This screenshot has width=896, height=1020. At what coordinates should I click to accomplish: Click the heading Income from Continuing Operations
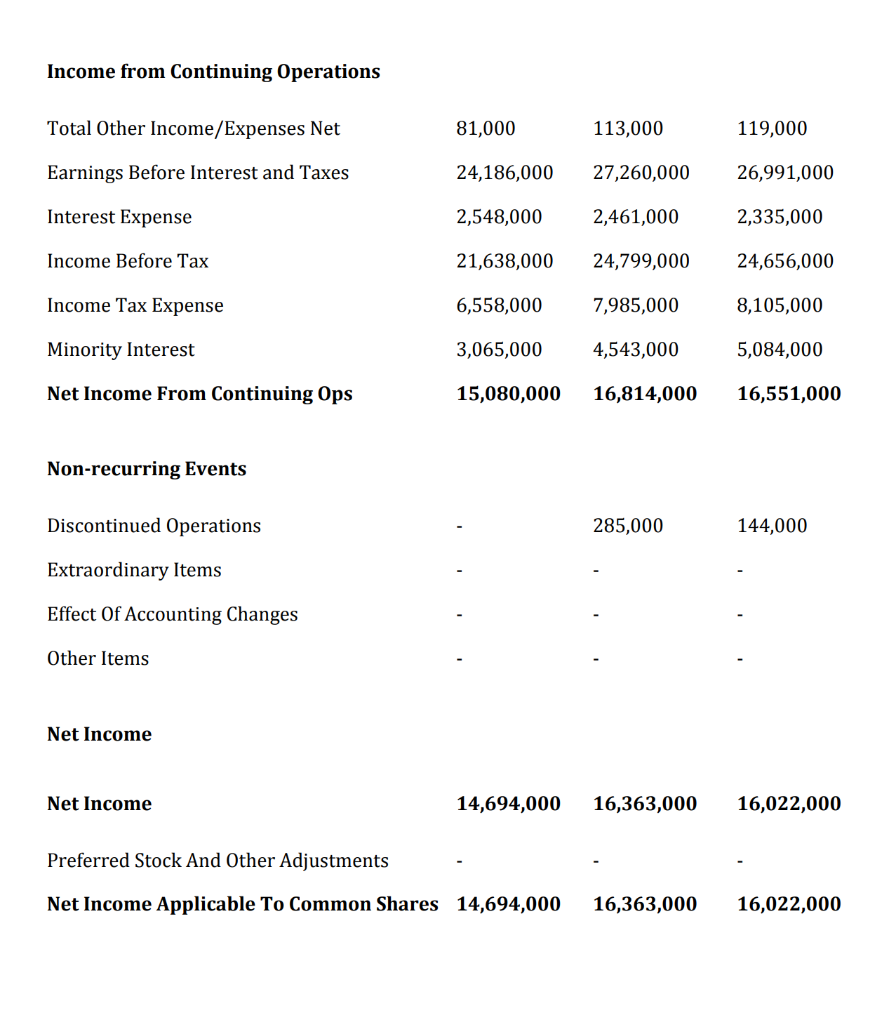coord(213,72)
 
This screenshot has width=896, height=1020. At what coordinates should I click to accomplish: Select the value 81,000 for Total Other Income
coord(486,128)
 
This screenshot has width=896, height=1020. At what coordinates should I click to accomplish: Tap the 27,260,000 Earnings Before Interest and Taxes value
coord(641,173)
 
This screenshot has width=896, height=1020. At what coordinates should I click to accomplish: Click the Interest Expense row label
coord(119,217)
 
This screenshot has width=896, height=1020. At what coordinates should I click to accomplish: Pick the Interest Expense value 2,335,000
coord(779,217)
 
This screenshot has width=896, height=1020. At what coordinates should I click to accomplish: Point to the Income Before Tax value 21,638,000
coord(504,261)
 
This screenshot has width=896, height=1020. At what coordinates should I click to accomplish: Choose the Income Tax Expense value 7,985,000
coord(635,305)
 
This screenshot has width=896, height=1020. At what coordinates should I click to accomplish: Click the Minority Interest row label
coord(121,350)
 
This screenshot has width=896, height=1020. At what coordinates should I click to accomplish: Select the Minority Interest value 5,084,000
coord(779,350)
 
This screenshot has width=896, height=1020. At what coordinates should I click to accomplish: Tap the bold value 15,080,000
coord(508,394)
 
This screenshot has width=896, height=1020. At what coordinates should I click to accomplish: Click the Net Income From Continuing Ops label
coord(199,394)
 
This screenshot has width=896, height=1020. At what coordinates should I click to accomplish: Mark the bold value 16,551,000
coord(789,394)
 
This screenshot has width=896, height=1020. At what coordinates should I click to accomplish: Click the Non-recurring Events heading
coord(147,469)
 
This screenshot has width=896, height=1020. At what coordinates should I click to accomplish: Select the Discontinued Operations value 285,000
coord(627,526)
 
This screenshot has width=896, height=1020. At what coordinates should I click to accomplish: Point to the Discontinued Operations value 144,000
coord(772,526)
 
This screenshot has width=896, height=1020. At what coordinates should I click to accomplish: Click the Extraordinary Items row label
coord(134,570)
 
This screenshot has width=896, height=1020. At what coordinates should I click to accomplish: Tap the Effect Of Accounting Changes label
coord(172,614)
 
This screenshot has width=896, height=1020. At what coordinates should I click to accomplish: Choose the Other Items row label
coord(98,658)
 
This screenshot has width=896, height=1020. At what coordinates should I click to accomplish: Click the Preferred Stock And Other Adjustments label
coord(218,861)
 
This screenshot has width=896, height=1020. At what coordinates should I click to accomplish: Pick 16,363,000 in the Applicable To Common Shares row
coord(645,904)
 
